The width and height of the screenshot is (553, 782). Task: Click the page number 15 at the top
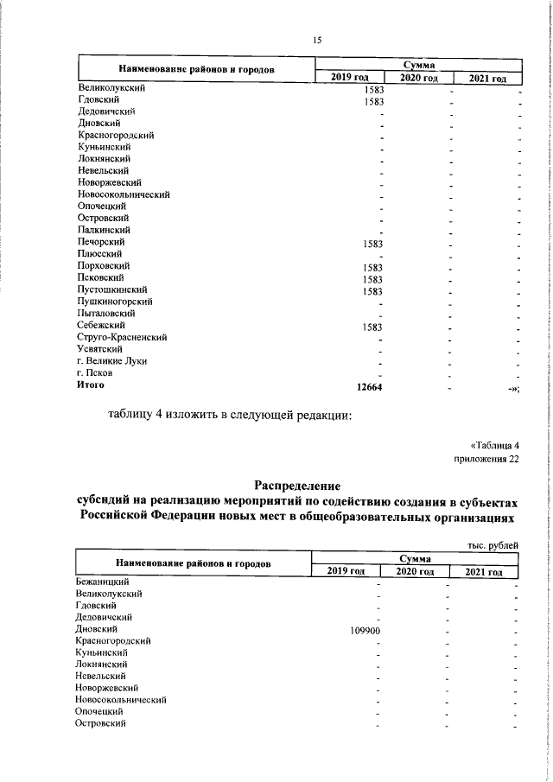point(316,41)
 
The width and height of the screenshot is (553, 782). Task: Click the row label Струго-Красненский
point(121,338)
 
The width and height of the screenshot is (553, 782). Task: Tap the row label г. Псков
point(95,373)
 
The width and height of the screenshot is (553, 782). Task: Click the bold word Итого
point(91,385)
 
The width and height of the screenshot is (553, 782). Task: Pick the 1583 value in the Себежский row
point(373,327)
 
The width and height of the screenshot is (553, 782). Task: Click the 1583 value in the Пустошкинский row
point(373,291)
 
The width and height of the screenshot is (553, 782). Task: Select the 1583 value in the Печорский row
point(373,244)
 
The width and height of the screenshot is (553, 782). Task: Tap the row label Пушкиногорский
point(115,302)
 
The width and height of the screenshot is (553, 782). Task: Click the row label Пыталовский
point(103,314)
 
